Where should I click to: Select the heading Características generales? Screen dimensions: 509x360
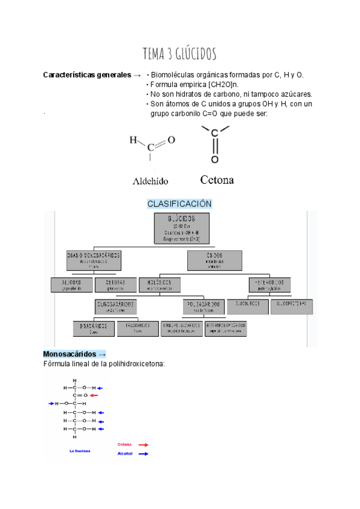[87, 75]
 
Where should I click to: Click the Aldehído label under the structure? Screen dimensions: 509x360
[150, 180]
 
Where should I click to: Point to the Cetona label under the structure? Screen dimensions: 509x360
[217, 180]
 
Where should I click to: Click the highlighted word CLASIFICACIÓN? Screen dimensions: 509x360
[179, 204]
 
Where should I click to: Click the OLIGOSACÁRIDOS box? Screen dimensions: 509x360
[115, 307]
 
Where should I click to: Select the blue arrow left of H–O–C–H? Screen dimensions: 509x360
[51, 404]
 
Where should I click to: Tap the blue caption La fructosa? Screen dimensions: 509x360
[80, 450]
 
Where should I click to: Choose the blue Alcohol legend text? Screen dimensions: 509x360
[125, 454]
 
